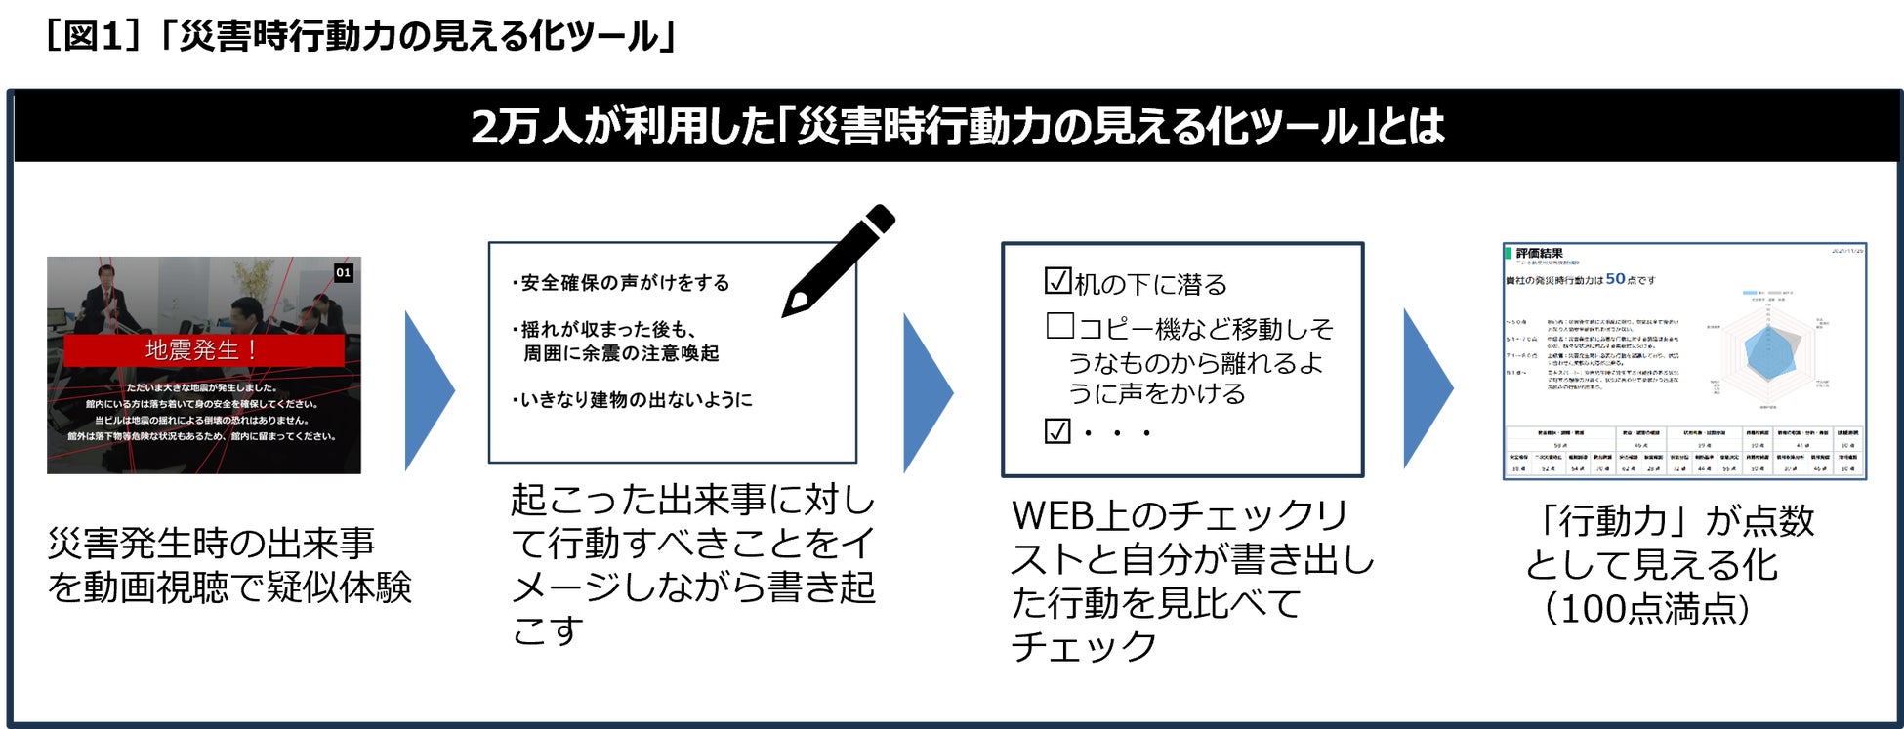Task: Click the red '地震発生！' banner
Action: click(x=203, y=349)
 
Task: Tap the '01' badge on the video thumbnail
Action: click(x=343, y=273)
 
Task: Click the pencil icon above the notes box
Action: click(x=838, y=260)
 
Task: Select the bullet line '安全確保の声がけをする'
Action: click(x=622, y=283)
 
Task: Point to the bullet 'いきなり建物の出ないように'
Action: click(x=633, y=400)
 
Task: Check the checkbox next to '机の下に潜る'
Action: click(x=1057, y=281)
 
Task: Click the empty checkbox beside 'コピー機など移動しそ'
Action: click(x=1059, y=325)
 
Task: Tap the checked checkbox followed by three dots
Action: click(x=1057, y=430)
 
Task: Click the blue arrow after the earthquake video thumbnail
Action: click(x=429, y=390)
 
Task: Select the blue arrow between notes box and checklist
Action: click(x=927, y=392)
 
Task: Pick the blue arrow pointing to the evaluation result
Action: click(x=1427, y=388)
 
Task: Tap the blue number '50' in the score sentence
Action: click(x=1615, y=279)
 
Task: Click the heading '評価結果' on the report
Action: click(x=1539, y=254)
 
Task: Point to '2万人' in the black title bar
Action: click(x=526, y=127)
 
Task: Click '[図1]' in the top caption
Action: click(x=94, y=37)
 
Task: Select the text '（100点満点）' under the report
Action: click(x=1646, y=609)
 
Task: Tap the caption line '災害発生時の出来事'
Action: click(x=211, y=544)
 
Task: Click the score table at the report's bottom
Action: click(x=1683, y=450)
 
